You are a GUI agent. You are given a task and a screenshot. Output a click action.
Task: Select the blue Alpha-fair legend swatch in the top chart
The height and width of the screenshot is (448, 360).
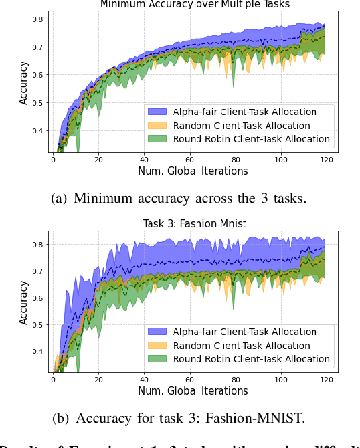159,112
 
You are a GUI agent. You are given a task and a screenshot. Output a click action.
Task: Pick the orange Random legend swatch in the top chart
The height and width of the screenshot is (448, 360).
159,126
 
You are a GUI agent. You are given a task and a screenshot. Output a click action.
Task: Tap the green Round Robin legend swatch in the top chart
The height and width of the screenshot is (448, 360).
159,140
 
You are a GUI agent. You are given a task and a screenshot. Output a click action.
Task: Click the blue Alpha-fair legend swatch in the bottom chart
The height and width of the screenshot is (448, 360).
159,332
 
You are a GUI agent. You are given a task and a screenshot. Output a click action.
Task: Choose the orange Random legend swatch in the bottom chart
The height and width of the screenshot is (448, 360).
159,346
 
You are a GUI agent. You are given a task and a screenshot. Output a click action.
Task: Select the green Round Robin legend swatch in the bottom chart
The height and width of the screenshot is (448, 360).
159,359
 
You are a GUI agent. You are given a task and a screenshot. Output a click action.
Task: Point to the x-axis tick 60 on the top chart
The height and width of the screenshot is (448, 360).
189,160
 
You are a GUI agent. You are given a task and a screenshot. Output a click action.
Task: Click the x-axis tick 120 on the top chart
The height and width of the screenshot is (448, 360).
326,160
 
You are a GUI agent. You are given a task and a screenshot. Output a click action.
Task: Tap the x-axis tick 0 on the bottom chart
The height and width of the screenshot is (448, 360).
53,380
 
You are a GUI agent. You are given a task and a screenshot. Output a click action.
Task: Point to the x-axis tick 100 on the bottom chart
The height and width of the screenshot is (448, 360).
280,380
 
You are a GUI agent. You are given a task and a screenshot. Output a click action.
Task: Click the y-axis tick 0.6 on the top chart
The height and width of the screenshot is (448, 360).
41,75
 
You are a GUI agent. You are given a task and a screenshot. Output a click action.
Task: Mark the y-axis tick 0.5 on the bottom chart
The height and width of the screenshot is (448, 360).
41,325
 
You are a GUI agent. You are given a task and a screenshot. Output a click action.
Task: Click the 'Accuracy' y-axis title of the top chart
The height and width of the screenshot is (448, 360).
24,84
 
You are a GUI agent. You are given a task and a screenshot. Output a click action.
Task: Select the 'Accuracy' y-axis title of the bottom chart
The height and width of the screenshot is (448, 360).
24,303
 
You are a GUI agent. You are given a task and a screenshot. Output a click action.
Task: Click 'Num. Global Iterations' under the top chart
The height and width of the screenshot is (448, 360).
193,171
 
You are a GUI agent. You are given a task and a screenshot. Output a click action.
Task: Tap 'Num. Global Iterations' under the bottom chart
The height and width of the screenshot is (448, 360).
193,391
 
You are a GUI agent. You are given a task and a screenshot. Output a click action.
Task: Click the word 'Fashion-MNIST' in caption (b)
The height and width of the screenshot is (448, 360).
266,419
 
